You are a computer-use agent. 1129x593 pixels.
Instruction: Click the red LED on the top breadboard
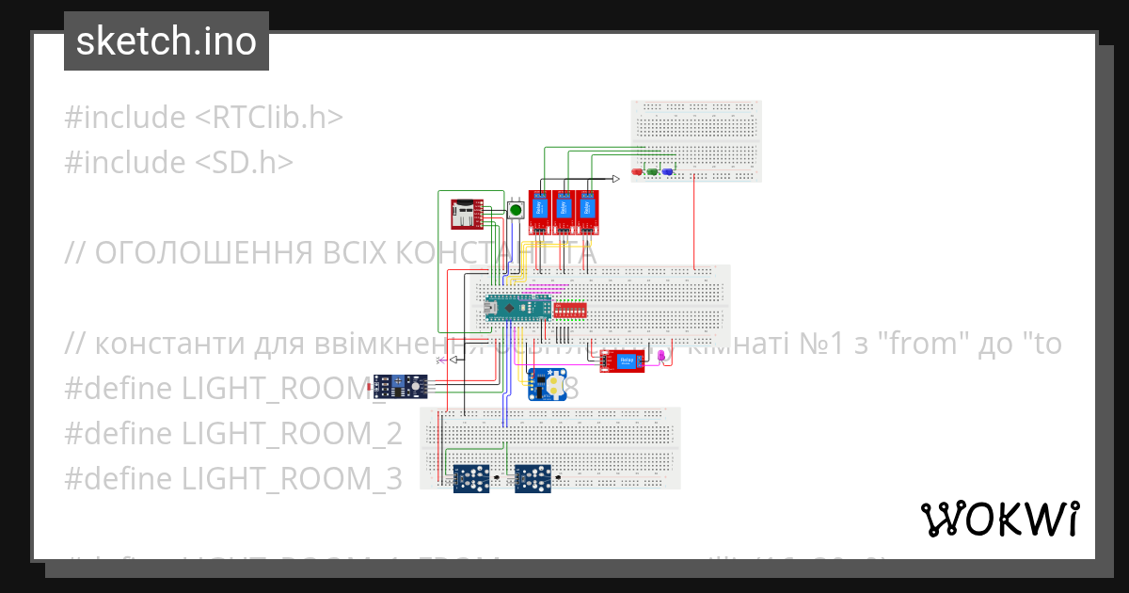click(x=639, y=172)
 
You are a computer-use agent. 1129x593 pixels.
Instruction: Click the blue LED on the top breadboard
click(x=667, y=172)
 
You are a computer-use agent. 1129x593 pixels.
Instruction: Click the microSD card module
click(x=465, y=215)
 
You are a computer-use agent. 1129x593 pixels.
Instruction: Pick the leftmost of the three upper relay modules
click(x=539, y=212)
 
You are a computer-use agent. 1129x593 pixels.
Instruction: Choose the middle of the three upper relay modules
click(x=564, y=212)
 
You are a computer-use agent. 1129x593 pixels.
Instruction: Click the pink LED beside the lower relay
click(x=661, y=355)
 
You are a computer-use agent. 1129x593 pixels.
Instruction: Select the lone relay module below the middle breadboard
click(x=623, y=360)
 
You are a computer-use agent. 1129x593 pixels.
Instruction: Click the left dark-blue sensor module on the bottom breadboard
click(x=472, y=479)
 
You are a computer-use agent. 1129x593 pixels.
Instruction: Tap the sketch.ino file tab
click(x=167, y=41)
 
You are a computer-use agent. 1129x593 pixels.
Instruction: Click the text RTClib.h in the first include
click(x=269, y=118)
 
